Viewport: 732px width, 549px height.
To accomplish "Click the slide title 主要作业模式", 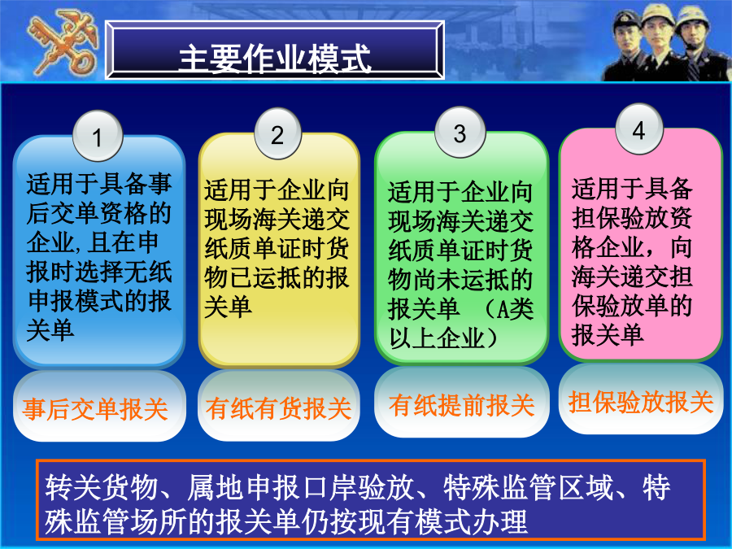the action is pyautogui.click(x=275, y=59).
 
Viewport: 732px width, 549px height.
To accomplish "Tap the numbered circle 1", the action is pyautogui.click(x=98, y=137).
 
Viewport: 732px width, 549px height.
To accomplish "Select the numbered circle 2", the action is pyautogui.click(x=278, y=134).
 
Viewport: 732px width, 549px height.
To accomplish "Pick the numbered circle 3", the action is pyautogui.click(x=460, y=133).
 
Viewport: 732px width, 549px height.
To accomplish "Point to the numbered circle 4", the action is pyautogui.click(x=639, y=129).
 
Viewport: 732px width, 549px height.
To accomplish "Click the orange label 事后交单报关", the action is pyautogui.click(x=95, y=409).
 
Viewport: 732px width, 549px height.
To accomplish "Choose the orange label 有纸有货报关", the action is pyautogui.click(x=278, y=408).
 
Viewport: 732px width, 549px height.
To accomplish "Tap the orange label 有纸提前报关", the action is pyautogui.click(x=462, y=404).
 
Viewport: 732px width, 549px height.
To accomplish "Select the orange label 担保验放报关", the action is pyautogui.click(x=641, y=401).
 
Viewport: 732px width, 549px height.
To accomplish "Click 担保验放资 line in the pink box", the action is pyautogui.click(x=632, y=217).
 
